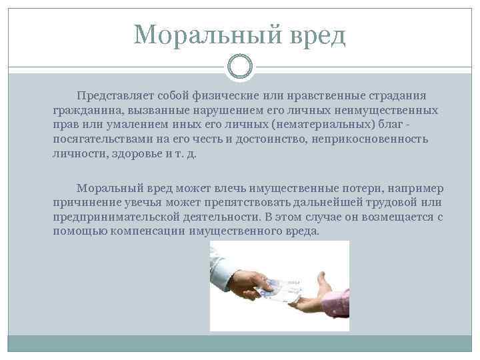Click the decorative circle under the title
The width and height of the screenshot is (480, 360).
pyautogui.click(x=240, y=67)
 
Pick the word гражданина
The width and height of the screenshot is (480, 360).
pyautogui.click(x=83, y=110)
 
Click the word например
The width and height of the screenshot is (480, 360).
pyautogui.click(x=417, y=189)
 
